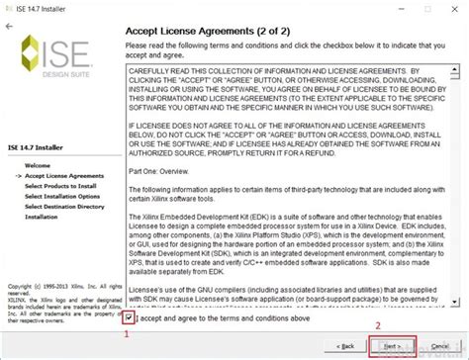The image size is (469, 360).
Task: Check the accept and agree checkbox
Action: coord(131,317)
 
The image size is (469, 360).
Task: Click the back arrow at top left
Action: coord(10,26)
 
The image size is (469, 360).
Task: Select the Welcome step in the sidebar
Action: coord(38,164)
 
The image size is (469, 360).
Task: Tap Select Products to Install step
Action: coord(59,185)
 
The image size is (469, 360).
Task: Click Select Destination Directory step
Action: coord(65,206)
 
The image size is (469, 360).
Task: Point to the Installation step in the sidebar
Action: coord(42,216)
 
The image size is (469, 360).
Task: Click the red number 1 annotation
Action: coord(125,333)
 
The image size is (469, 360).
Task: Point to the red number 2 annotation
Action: coord(376,325)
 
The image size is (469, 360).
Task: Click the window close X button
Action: coord(453,7)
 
